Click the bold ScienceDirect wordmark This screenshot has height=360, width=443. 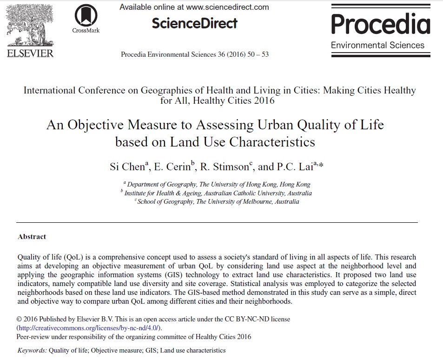pos(194,23)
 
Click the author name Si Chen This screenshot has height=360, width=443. pos(128,167)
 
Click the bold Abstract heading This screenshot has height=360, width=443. pos(32,237)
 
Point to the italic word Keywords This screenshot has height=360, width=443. pos(31,350)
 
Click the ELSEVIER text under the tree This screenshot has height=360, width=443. pos(31,53)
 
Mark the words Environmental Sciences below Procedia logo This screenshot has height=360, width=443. pos(378,45)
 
